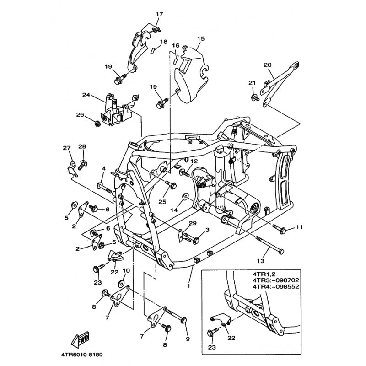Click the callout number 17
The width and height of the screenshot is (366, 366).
pyautogui.click(x=159, y=14)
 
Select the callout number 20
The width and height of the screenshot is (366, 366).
pyautogui.click(x=268, y=65)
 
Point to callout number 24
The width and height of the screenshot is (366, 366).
pyautogui.click(x=86, y=95)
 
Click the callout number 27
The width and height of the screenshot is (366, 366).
pyautogui.click(x=67, y=147)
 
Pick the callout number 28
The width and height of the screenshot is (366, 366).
pyautogui.click(x=82, y=146)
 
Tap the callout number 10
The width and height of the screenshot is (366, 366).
pyautogui.click(x=126, y=270)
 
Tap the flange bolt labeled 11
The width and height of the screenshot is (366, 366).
pyautogui.click(x=280, y=227)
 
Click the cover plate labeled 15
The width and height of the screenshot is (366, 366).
pyautogui.click(x=190, y=75)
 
